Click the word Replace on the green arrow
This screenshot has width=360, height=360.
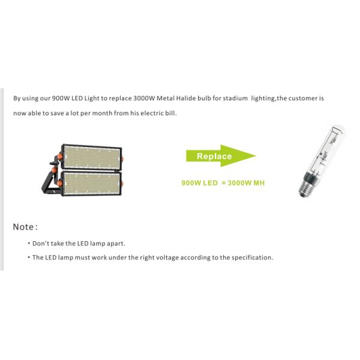point(214,157)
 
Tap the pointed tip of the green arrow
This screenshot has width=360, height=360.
point(254,156)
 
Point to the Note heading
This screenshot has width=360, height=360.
point(25,227)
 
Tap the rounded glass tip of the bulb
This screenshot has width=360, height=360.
point(336,129)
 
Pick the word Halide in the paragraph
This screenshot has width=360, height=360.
point(187,98)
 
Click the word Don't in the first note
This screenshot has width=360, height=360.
point(41,244)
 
